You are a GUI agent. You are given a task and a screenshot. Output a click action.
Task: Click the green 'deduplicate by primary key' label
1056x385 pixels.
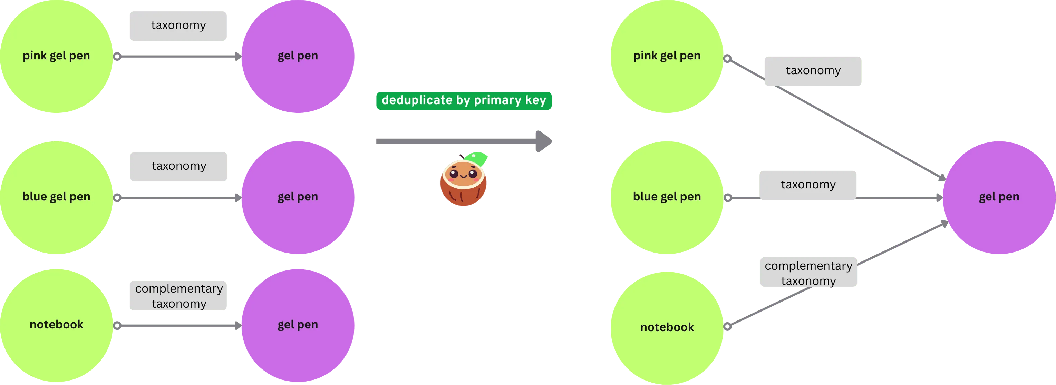[464, 101]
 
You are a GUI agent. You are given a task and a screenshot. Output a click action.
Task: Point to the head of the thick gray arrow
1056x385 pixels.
[544, 141]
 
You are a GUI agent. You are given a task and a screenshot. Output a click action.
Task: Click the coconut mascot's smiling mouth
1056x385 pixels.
[463, 177]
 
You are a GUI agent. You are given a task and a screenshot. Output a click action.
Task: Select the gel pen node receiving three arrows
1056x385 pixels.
[999, 197]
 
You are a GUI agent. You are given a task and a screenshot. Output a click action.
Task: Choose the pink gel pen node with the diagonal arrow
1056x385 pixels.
[667, 57]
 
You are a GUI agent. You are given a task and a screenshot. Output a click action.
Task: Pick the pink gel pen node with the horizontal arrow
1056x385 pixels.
[56, 57]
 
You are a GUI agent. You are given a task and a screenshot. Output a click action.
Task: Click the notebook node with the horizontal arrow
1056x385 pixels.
[56, 325]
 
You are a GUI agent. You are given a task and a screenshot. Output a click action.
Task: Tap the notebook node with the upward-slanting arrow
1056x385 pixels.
[667, 328]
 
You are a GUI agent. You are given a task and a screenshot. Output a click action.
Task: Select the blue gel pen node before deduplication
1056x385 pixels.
[56, 197]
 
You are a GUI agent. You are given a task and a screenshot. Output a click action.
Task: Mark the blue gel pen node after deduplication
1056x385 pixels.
[667, 197]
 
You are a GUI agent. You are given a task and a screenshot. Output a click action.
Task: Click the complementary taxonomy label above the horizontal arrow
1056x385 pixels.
[178, 296]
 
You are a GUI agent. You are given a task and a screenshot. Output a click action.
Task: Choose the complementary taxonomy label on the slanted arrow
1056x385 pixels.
[808, 273]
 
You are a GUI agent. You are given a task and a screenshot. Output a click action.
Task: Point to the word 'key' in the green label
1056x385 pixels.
[536, 100]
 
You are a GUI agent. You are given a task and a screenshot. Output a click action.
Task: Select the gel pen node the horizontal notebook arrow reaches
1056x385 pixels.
[298, 325]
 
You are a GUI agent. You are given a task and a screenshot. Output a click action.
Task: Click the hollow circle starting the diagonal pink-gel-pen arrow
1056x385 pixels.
[727, 59]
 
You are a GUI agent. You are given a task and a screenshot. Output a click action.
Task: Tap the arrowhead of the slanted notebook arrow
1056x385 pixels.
[944, 224]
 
